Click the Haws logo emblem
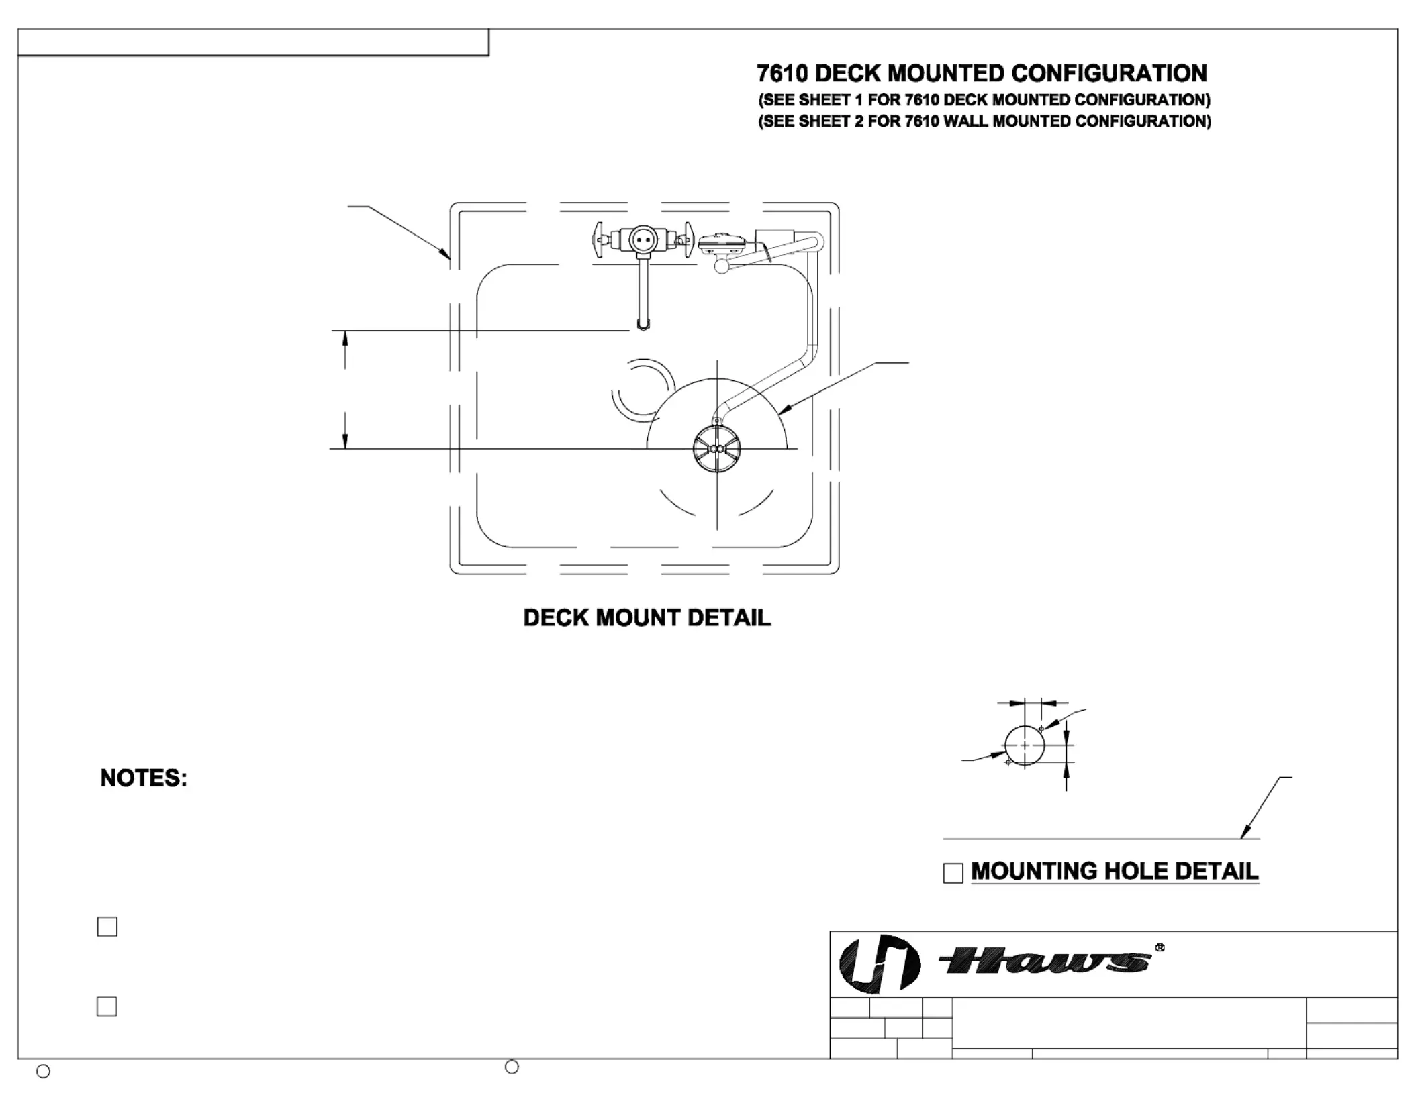point(880,963)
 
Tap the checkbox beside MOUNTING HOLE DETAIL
point(953,873)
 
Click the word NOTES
point(143,778)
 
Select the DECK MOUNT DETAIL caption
point(647,617)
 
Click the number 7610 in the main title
point(782,73)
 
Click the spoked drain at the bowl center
point(716,449)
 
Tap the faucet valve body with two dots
point(643,240)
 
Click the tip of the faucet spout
point(643,327)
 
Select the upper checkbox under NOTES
point(107,927)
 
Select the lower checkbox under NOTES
point(107,1006)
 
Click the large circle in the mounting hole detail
point(1025,745)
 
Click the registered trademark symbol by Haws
point(1160,947)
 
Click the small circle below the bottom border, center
point(512,1067)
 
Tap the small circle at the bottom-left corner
point(43,1072)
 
